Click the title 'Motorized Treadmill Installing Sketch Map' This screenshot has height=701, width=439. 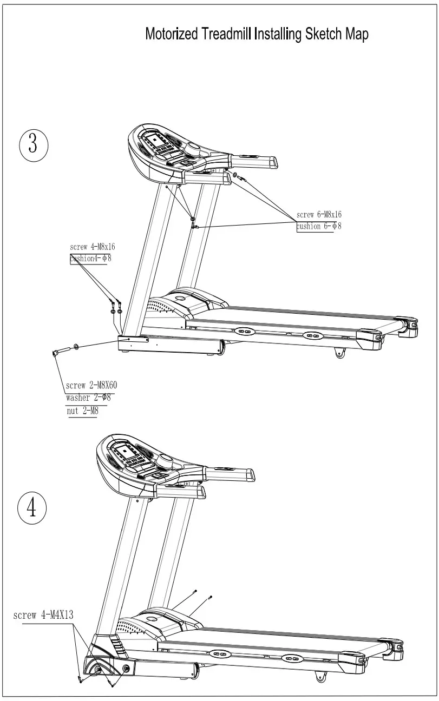click(257, 34)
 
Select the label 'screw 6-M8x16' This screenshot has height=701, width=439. click(319, 215)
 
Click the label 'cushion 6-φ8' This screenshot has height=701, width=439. click(319, 226)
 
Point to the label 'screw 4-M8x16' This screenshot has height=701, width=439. click(92, 247)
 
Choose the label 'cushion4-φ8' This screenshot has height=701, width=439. click(91, 259)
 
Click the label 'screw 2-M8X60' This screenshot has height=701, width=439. click(91, 386)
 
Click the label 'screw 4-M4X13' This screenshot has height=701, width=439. click(43, 615)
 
